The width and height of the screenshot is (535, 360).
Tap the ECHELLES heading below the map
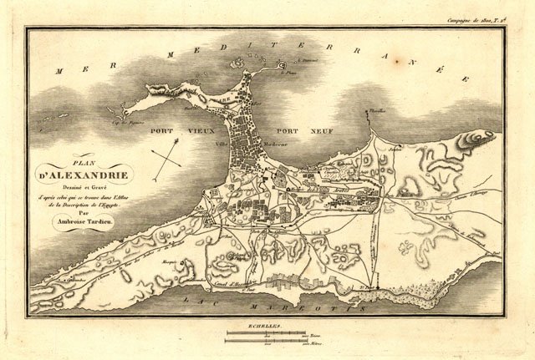(265, 323)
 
